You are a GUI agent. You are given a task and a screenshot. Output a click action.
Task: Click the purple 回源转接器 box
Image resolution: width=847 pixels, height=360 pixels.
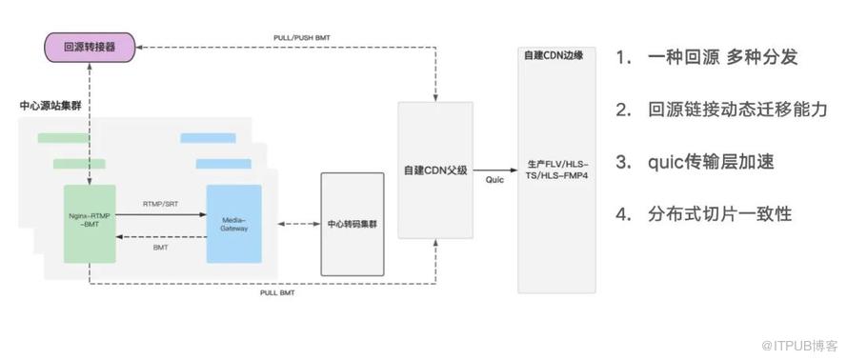pos(90,47)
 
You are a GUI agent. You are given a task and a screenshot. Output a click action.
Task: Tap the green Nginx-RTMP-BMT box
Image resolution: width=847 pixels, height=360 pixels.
pos(90,224)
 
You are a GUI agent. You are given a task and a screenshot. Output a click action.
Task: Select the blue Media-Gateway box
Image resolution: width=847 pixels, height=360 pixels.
pos(234,224)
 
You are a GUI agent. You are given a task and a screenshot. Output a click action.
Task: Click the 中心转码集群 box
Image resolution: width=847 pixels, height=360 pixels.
pos(353,224)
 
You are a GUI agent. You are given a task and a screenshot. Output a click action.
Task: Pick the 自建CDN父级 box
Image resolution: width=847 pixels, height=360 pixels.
pos(435,170)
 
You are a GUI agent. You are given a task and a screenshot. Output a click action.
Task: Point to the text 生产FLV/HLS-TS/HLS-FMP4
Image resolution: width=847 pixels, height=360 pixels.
pos(556,170)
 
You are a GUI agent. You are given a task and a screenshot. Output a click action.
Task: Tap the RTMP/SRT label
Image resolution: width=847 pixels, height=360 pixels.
pos(160,204)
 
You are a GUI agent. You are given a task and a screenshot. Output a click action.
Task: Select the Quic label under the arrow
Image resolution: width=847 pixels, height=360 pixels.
pos(494,180)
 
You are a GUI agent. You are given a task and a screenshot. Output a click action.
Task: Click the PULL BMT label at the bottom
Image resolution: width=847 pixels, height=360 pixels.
pos(277,293)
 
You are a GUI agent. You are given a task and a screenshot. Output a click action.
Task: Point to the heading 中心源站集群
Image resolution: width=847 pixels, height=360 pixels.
pos(50,106)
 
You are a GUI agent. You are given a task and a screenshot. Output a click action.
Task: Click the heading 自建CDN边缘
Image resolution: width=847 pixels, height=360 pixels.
pos(554,55)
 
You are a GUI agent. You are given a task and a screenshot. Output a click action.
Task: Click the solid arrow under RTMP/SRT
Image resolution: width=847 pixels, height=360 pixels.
pos(161,215)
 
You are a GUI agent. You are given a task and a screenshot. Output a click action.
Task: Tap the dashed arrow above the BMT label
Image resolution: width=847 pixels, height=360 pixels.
pos(161,237)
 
